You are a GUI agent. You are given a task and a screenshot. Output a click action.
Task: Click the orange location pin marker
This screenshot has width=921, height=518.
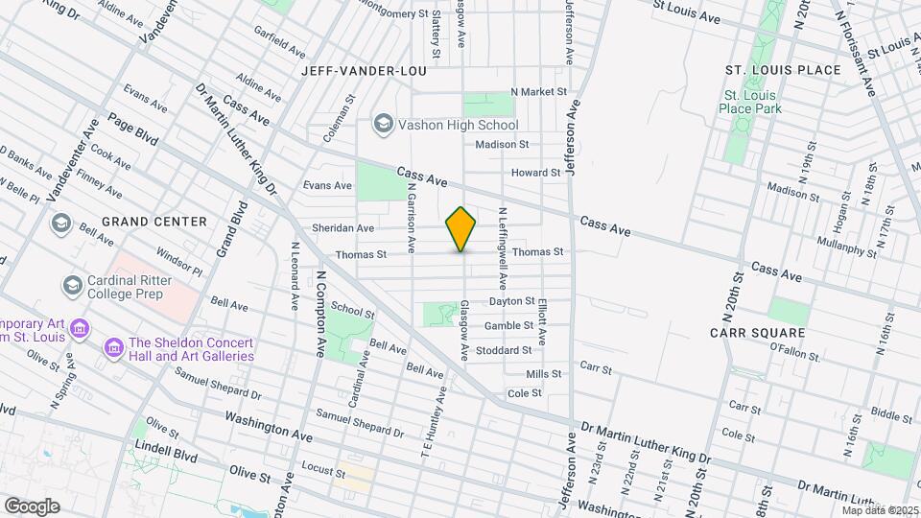click(461, 228)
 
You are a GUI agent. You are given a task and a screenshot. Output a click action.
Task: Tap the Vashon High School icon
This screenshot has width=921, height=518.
click(384, 125)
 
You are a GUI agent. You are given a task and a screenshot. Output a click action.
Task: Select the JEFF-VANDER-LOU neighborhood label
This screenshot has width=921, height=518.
click(358, 71)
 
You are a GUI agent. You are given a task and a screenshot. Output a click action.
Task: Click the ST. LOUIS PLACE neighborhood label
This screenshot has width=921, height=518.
click(783, 70)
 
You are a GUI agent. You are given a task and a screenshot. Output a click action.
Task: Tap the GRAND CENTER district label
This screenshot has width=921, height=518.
click(154, 222)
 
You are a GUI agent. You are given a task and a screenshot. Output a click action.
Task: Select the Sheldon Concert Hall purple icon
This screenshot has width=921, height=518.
click(114, 344)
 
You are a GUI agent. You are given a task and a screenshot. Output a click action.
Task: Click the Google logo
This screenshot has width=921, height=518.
click(31, 506)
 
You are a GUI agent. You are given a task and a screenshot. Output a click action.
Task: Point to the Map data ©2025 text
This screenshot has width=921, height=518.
click(879, 510)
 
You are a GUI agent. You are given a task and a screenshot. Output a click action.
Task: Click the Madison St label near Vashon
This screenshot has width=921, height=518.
click(503, 144)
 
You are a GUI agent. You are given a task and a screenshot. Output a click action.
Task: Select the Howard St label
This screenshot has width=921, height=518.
click(535, 173)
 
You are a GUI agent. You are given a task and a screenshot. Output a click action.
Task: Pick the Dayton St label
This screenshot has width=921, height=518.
click(511, 301)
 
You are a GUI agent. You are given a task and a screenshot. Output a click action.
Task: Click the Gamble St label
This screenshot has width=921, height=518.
click(508, 326)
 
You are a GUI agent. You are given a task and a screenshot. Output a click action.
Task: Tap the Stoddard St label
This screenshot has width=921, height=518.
click(504, 350)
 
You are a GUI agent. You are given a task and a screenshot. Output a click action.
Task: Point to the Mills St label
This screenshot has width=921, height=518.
click(544, 374)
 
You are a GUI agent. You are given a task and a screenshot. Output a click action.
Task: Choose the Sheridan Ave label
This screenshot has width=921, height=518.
click(342, 228)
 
